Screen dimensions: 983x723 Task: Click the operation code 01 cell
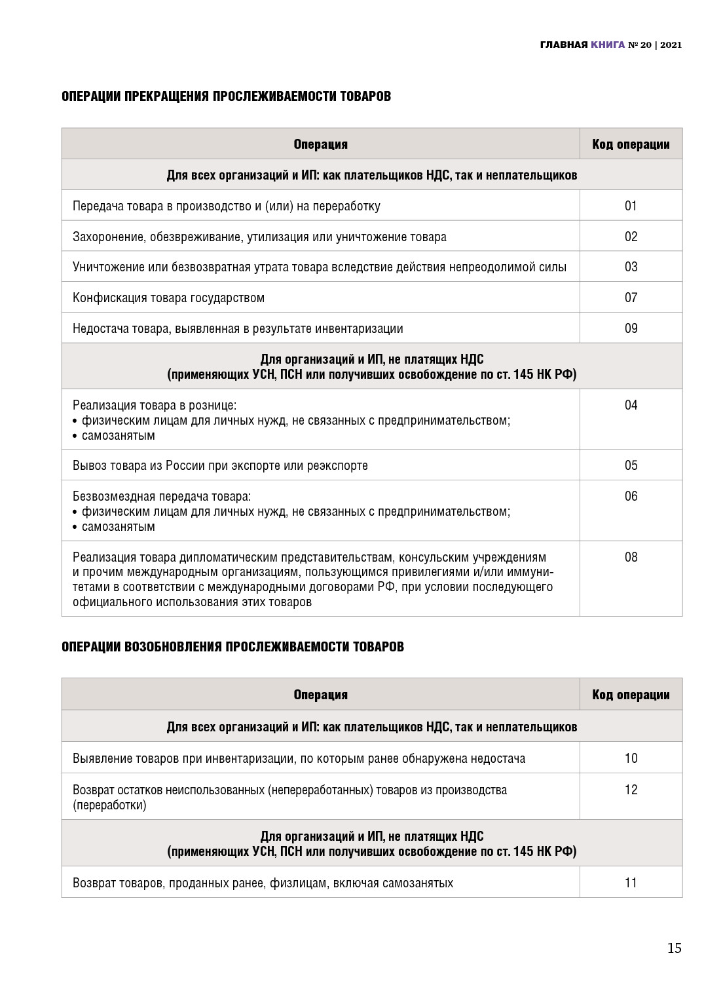[x=631, y=206]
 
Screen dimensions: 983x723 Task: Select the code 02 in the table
[x=631, y=237]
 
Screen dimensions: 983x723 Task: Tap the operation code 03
[x=631, y=267]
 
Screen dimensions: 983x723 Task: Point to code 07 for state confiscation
[x=631, y=298]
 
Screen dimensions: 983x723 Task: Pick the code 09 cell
[x=631, y=328]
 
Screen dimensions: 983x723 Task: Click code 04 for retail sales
[x=631, y=405]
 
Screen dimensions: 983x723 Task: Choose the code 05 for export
[x=631, y=465]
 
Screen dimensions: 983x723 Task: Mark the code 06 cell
[x=631, y=496]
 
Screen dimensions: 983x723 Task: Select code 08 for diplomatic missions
[x=631, y=557]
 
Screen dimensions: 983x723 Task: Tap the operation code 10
[x=631, y=758]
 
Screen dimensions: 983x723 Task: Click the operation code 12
[x=631, y=790]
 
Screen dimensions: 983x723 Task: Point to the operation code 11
[x=631, y=883]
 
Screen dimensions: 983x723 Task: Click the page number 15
[x=674, y=948]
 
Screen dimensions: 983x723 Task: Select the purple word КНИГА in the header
[x=608, y=45]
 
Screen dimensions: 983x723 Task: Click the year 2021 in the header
[x=671, y=45]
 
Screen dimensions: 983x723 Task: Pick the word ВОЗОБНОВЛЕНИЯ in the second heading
[x=174, y=647]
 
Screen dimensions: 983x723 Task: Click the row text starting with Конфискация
[x=168, y=298]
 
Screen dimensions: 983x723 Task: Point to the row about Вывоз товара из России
[x=220, y=465]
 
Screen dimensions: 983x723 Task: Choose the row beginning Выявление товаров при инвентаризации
[x=299, y=758]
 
